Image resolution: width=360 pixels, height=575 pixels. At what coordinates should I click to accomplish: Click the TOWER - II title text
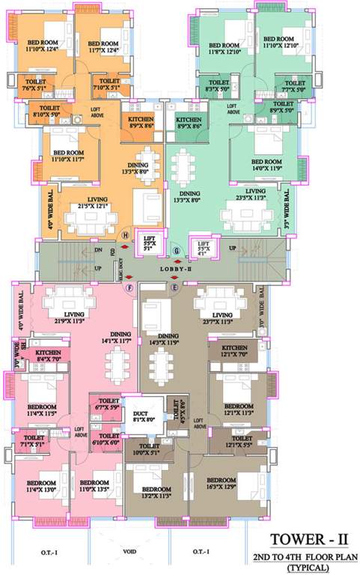click(x=312, y=540)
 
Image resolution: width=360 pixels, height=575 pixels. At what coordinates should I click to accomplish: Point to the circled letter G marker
click(x=177, y=249)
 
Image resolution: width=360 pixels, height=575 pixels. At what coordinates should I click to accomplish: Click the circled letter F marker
click(x=129, y=287)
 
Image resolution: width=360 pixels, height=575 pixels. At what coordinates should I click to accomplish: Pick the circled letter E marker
click(x=175, y=287)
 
